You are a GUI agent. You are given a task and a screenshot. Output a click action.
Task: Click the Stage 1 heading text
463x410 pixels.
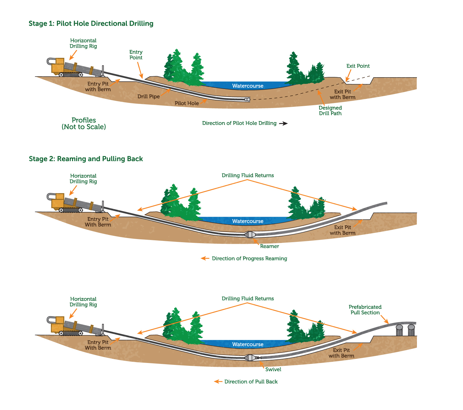coord(91,24)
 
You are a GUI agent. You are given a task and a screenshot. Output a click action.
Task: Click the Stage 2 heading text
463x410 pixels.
coord(86,159)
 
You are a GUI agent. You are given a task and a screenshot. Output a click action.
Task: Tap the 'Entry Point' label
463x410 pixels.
coord(136,55)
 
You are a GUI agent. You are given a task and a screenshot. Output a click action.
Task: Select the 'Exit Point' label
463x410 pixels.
coord(358,66)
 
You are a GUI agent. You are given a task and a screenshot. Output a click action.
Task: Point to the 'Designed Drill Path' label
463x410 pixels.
coord(330,111)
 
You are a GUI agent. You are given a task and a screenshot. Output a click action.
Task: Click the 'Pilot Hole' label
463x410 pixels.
coord(187,103)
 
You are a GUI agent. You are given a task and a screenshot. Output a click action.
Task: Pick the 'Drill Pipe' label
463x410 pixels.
coord(148,96)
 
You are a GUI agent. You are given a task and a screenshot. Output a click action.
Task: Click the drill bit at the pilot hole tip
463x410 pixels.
coord(247,99)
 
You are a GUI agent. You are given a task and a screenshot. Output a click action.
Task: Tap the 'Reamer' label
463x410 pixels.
coord(269,246)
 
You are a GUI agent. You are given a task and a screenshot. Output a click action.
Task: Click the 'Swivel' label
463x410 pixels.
coord(273,369)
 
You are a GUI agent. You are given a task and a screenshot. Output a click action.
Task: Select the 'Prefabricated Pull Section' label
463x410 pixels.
coord(365,310)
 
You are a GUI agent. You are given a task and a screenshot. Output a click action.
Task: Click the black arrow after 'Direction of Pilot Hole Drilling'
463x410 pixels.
coord(283,124)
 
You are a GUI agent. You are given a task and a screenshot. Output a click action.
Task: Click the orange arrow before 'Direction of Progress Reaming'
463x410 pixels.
coord(205,258)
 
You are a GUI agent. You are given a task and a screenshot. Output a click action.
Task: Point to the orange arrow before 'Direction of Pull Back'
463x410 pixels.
coord(218,381)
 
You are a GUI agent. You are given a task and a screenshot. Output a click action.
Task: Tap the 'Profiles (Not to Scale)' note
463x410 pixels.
coord(84,124)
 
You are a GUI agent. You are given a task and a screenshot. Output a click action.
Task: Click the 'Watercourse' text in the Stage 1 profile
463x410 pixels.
coord(248,86)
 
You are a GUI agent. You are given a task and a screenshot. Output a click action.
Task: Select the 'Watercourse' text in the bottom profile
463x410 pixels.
coord(248,344)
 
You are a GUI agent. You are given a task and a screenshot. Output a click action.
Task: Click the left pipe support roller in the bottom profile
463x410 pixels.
coord(399,330)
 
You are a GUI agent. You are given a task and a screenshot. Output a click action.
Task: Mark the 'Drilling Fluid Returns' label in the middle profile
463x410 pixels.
coord(248,175)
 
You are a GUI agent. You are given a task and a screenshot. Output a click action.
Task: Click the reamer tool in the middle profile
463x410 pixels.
coord(250,235)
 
